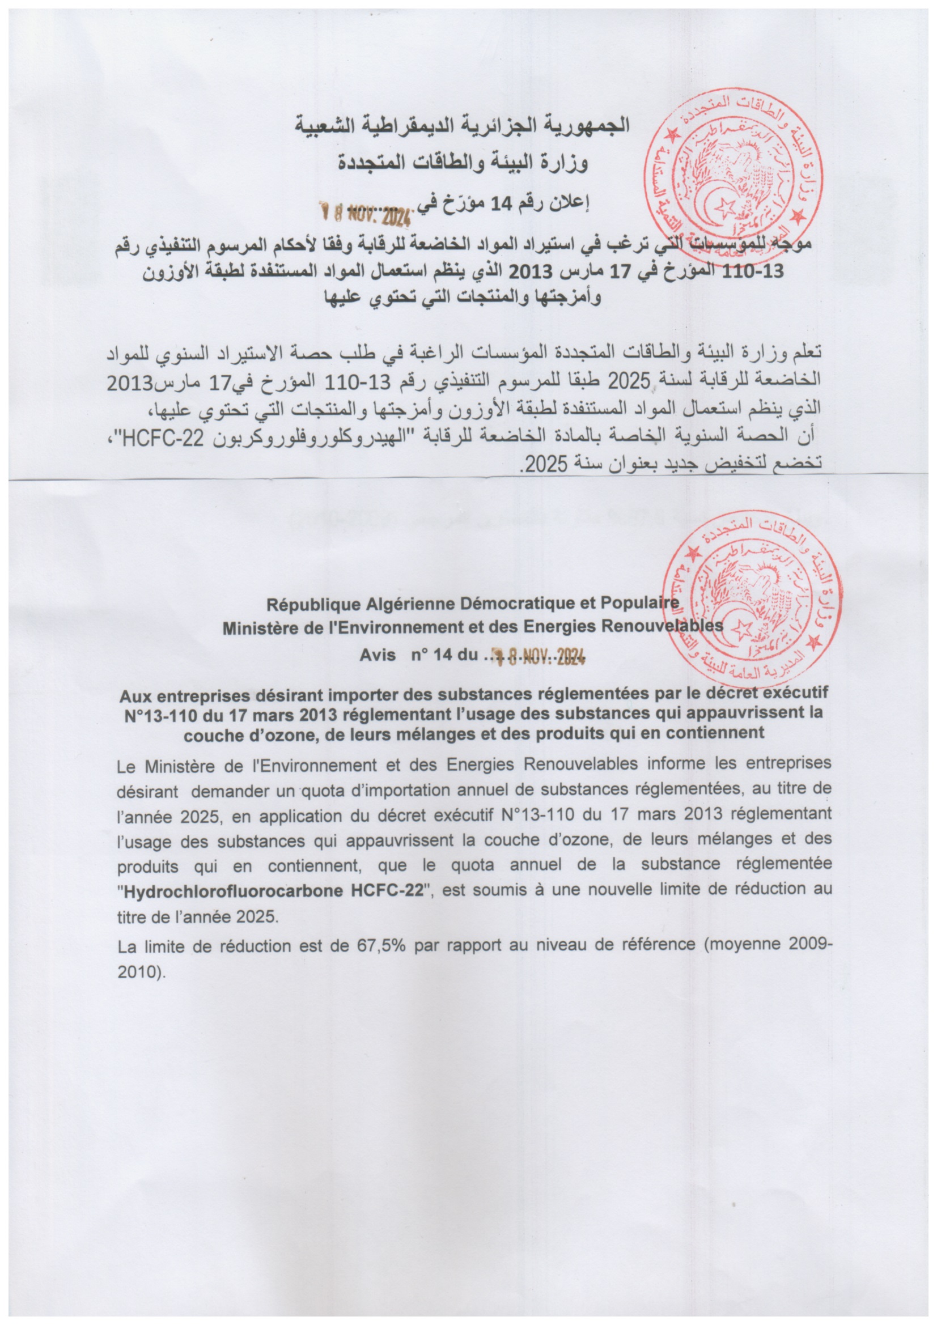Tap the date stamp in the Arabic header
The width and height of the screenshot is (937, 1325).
click(x=366, y=214)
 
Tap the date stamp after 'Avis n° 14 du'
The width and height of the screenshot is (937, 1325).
click(x=539, y=656)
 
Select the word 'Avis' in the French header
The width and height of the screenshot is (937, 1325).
click(x=378, y=656)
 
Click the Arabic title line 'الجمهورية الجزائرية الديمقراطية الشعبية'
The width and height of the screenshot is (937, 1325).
click(x=463, y=125)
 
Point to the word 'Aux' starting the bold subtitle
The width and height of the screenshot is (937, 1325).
click(x=134, y=696)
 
